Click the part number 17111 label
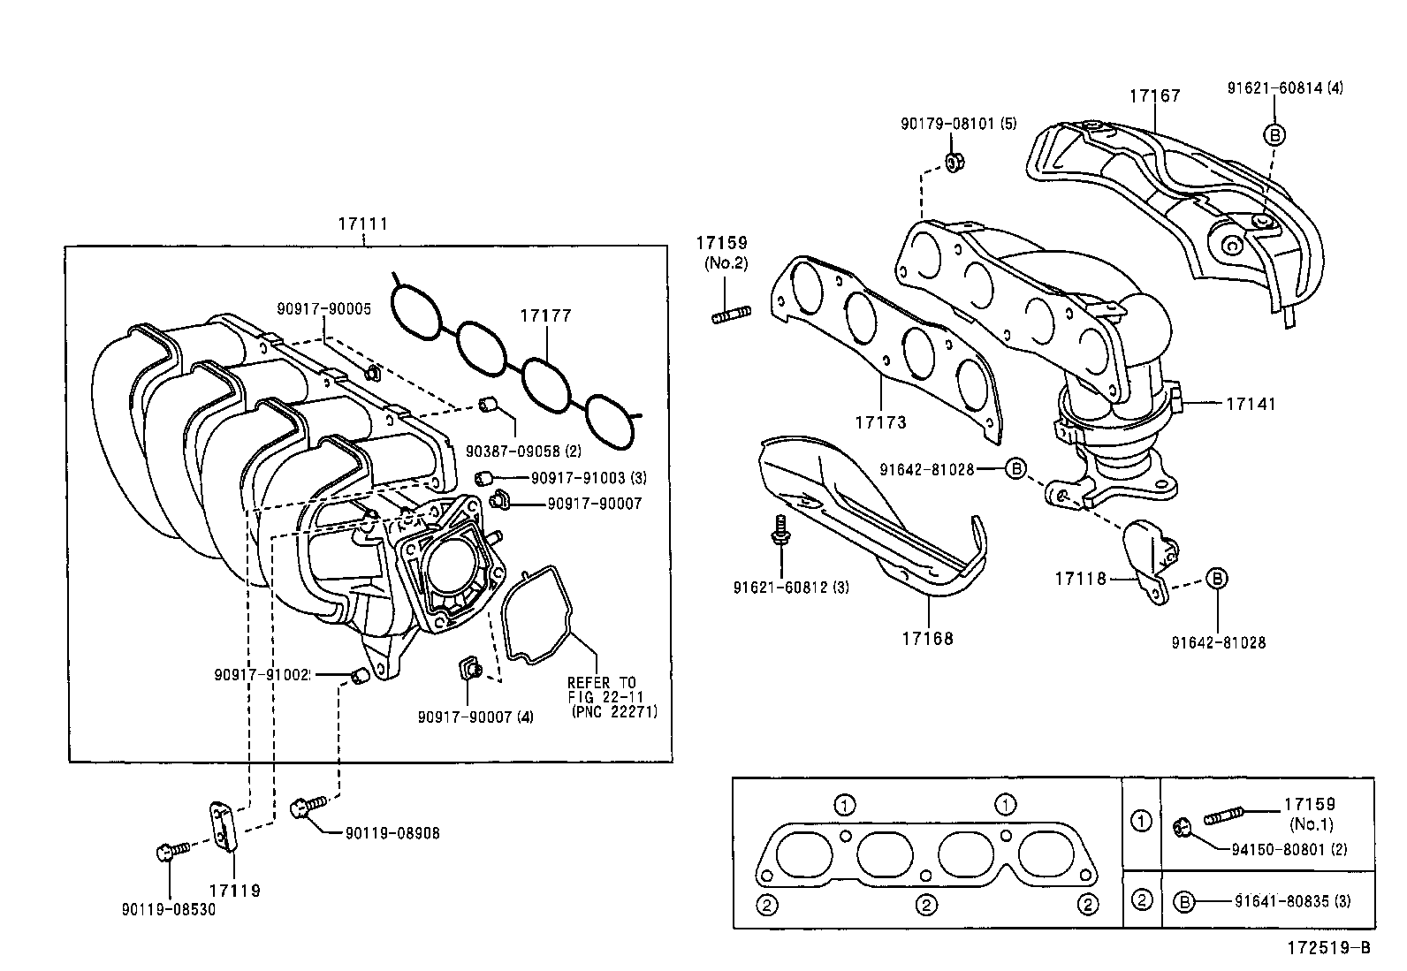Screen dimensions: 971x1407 point(362,224)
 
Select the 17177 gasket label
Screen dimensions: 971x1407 point(545,315)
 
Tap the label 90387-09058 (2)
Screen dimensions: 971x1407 point(524,451)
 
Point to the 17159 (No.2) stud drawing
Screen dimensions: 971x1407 point(731,313)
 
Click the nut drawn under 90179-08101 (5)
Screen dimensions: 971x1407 point(954,163)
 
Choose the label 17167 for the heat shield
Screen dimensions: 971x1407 point(1154,95)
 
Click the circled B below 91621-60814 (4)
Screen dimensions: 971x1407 point(1274,134)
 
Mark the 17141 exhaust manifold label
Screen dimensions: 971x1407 point(1251,404)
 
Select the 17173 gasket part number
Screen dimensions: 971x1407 point(880,422)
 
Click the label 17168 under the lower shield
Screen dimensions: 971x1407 point(928,637)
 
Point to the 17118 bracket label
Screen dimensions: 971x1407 point(1080,579)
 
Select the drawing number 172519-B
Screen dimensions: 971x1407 point(1327,948)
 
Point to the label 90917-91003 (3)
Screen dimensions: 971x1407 point(589,478)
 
